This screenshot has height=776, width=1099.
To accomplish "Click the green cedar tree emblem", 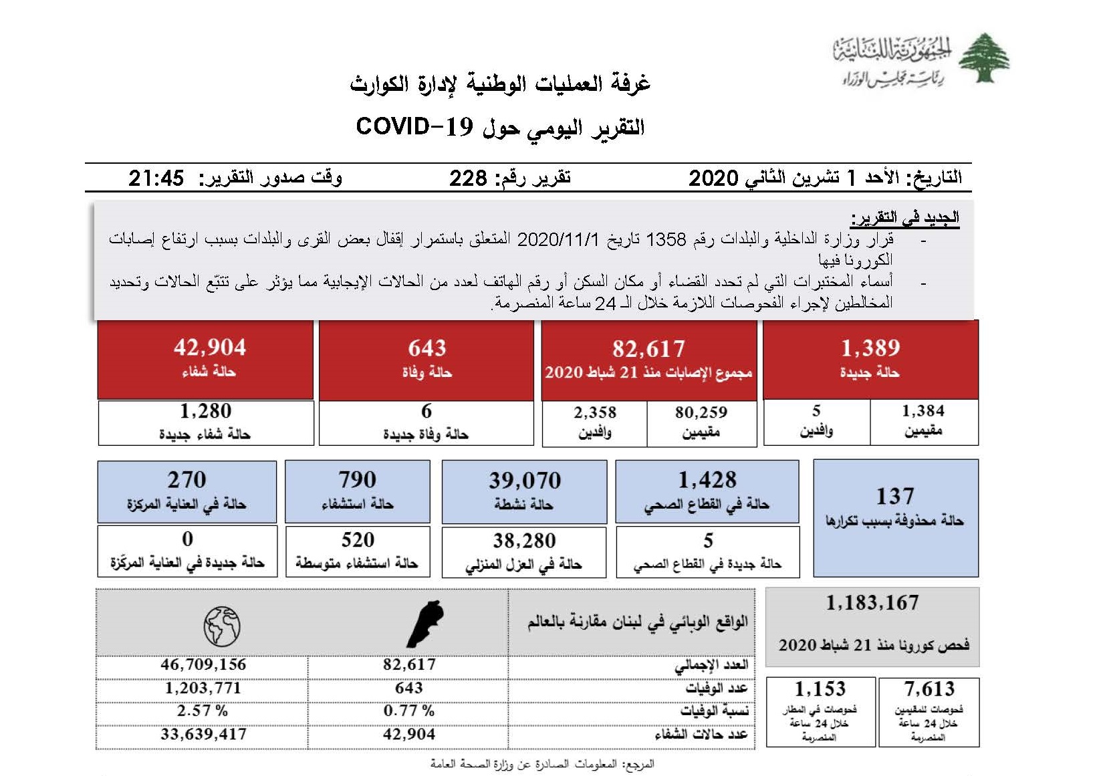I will (x=983, y=59).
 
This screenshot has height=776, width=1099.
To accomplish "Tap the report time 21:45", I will (x=156, y=178).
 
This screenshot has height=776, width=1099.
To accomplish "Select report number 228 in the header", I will (x=468, y=178).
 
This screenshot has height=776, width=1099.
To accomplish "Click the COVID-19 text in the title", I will (x=414, y=126).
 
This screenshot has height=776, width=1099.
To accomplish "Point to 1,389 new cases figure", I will (x=870, y=348).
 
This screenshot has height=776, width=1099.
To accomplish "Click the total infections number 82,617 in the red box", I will (x=648, y=348).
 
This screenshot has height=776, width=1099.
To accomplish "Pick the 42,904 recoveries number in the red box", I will (x=210, y=347).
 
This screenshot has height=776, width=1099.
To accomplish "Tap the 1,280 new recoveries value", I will (x=205, y=410).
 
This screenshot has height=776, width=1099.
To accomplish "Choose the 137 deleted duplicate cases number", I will (x=895, y=496).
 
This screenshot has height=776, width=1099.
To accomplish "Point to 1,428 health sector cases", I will (x=707, y=479).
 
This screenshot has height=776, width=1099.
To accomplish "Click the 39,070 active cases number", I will (x=525, y=480).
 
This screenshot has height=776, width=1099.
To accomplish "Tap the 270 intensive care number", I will (x=187, y=479).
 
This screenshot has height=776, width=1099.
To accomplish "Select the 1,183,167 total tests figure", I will (x=872, y=603).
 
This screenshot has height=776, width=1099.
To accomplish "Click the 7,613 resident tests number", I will (x=929, y=688).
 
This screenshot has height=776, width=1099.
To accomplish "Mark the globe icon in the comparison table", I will (x=222, y=626).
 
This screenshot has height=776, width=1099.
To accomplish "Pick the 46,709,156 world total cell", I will (x=203, y=664).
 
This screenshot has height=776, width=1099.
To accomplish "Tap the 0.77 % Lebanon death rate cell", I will (x=408, y=710).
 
